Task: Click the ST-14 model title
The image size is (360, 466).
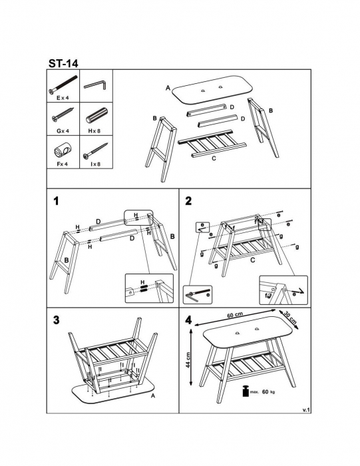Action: tap(63, 63)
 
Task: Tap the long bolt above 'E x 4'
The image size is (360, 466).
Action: tap(63, 85)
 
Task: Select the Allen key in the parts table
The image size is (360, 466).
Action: tap(95, 85)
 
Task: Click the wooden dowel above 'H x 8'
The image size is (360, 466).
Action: tap(97, 116)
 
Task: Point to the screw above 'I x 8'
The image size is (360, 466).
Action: tap(95, 150)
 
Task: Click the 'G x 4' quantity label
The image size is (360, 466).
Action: tap(63, 130)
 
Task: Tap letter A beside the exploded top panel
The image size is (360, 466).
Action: tap(168, 88)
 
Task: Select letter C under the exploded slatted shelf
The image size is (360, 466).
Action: tap(214, 158)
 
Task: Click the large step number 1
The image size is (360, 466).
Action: tap(56, 202)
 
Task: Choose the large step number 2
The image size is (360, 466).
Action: tap(188, 201)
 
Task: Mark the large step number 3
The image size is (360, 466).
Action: tap(56, 320)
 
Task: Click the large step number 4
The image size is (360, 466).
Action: tap(188, 320)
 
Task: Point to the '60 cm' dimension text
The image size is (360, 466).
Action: tap(235, 315)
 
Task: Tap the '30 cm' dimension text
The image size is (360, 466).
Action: tap(290, 318)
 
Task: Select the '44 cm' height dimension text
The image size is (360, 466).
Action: tap(188, 360)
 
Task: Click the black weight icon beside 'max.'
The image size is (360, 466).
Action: tap(246, 391)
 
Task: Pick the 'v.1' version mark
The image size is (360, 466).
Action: tap(306, 410)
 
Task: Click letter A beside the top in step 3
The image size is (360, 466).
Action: tap(153, 395)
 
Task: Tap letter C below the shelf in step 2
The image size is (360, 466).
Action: tap(252, 260)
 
